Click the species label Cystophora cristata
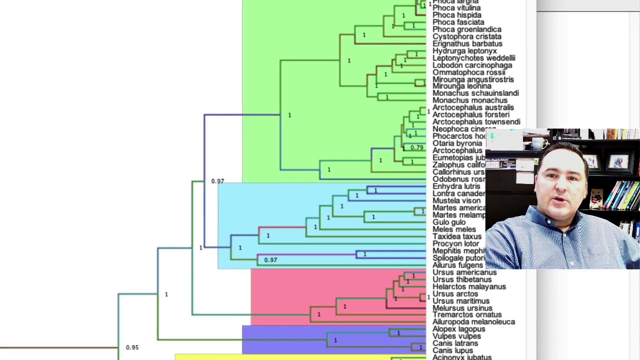pyautogui.click(x=466, y=36)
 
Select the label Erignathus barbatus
pyautogui.click(x=467, y=43)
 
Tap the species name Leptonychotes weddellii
pyautogui.click(x=473, y=58)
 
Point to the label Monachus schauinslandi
pyautogui.click(x=475, y=93)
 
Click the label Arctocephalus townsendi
pyautogui.click(x=476, y=121)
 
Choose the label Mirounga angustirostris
pyautogui.click(x=472, y=79)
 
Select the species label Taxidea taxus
pyautogui.click(x=456, y=236)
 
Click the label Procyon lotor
pyautogui.click(x=455, y=243)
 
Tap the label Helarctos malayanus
pyautogui.click(x=469, y=286)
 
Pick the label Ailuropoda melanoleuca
pyautogui.click(x=473, y=322)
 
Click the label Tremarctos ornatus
pyautogui.click(x=466, y=315)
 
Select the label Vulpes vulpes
pyautogui.click(x=456, y=336)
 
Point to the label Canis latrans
pyautogui.click(x=455, y=343)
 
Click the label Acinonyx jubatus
pyautogui.click(x=461, y=357)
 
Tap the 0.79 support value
pyautogui.click(x=416, y=147)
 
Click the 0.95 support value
pyautogui.click(x=132, y=347)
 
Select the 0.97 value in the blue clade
pyautogui.click(x=270, y=259)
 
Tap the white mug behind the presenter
pyautogui.click(x=538, y=143)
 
